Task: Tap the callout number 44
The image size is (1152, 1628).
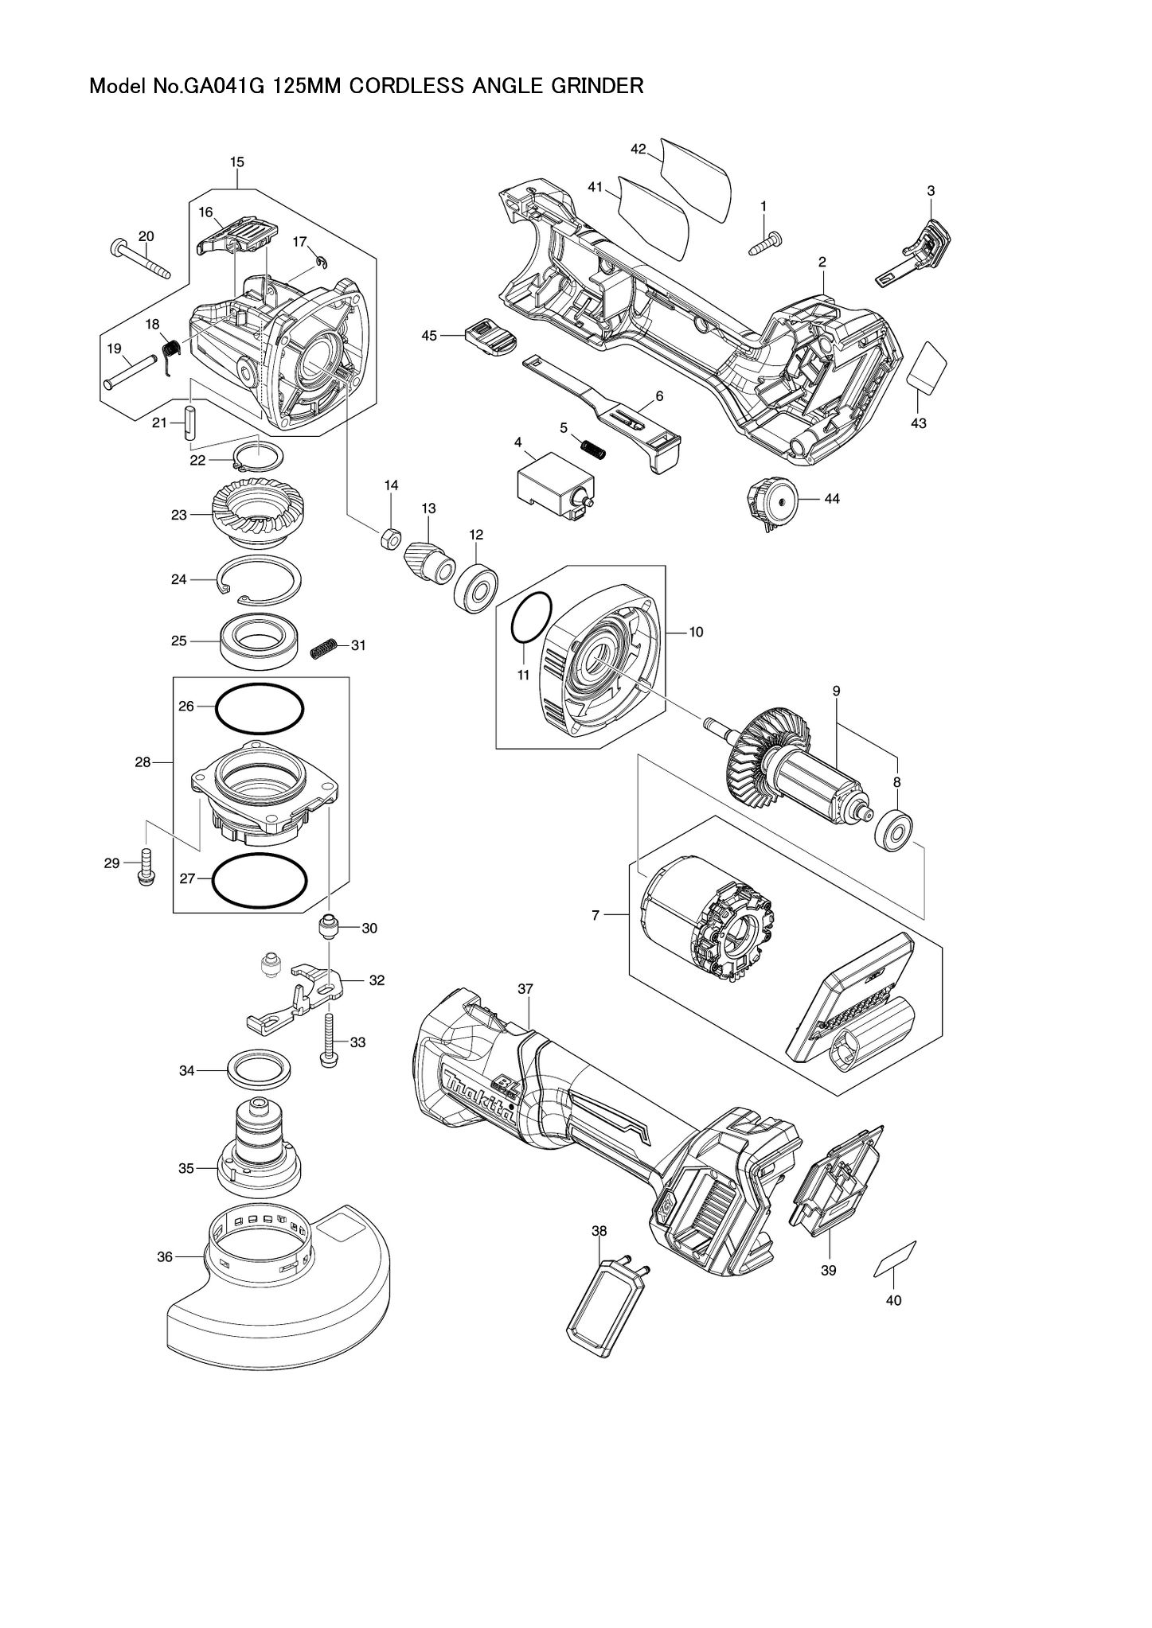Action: tap(832, 499)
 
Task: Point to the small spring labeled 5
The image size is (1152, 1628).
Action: tap(592, 450)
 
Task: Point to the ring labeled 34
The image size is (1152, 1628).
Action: tap(259, 1070)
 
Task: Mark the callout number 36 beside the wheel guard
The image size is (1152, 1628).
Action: tap(165, 1256)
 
